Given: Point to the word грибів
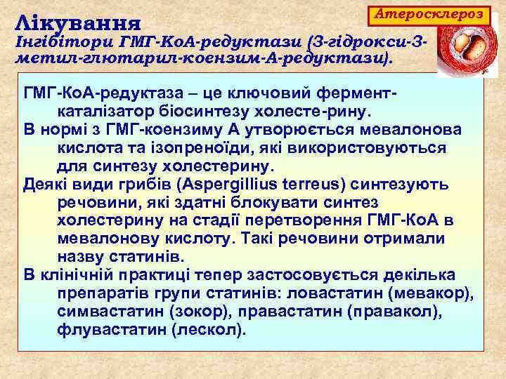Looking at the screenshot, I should [151, 185].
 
